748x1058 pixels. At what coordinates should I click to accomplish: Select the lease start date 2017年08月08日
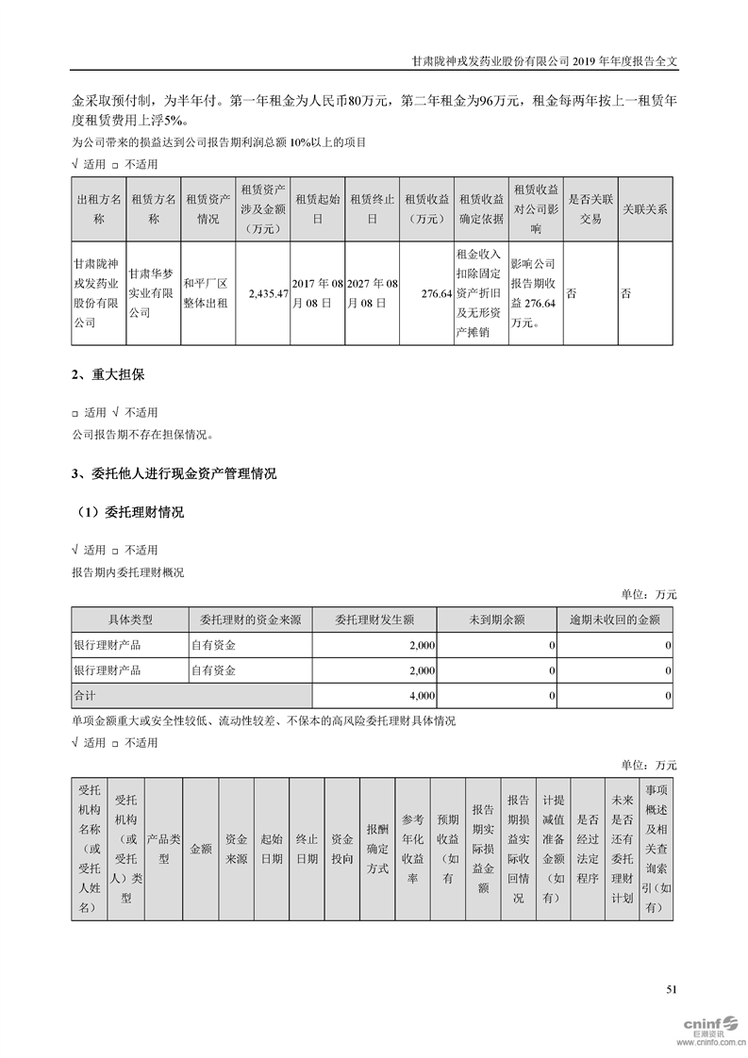pos(319,294)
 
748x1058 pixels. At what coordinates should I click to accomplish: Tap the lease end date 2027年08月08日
pos(374,294)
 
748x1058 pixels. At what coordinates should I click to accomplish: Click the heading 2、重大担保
pos(108,375)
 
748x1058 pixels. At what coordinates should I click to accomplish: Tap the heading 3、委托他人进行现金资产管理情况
pos(175,473)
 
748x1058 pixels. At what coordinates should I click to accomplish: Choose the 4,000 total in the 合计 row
pos(422,696)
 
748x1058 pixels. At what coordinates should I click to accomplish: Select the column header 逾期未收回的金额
pos(614,620)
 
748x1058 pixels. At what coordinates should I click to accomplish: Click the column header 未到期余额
pos(496,620)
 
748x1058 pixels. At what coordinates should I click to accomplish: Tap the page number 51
pos(672,989)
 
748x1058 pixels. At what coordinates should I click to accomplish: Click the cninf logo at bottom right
pos(709,1025)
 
